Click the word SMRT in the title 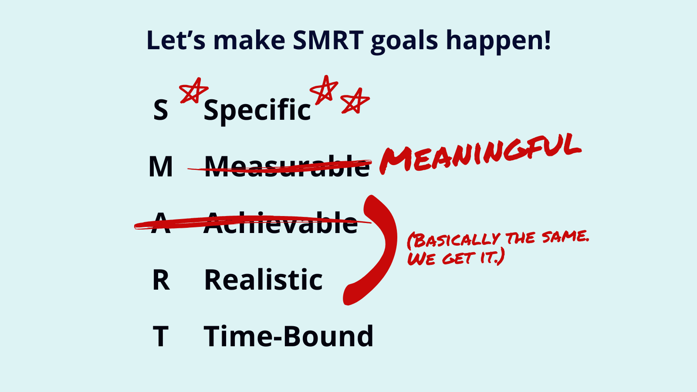point(328,40)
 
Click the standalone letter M point(161,166)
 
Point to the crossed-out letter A point(161,223)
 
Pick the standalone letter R point(161,280)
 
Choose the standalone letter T point(161,336)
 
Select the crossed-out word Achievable point(281,223)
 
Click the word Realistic point(263,279)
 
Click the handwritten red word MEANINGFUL point(480,154)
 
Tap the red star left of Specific point(193,91)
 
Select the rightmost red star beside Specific point(355,101)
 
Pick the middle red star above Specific point(324,90)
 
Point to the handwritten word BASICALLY point(453,240)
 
